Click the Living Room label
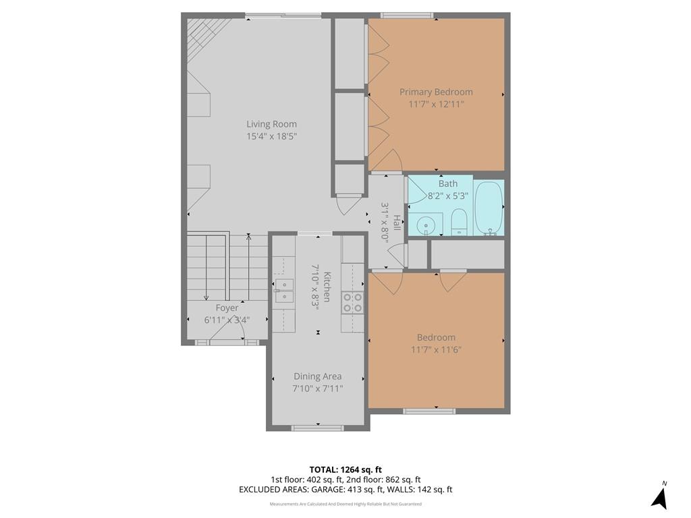pos(271,124)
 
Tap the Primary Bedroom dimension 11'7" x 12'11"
pos(437,105)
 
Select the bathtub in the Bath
pos(489,208)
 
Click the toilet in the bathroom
pos(459,222)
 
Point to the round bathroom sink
pos(426,225)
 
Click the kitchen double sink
pos(284,291)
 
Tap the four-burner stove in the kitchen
pos(352,302)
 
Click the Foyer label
pos(227,308)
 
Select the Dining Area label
pos(318,376)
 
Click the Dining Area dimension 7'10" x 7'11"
pos(318,388)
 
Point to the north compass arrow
pos(660,497)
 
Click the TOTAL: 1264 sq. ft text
pos(342,469)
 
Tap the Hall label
pos(397,223)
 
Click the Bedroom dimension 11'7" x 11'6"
pos(437,350)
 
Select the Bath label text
pos(448,183)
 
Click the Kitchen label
pos(327,287)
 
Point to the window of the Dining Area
pos(318,428)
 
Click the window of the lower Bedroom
pos(429,411)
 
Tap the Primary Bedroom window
pos(407,16)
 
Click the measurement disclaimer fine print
pos(345,504)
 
